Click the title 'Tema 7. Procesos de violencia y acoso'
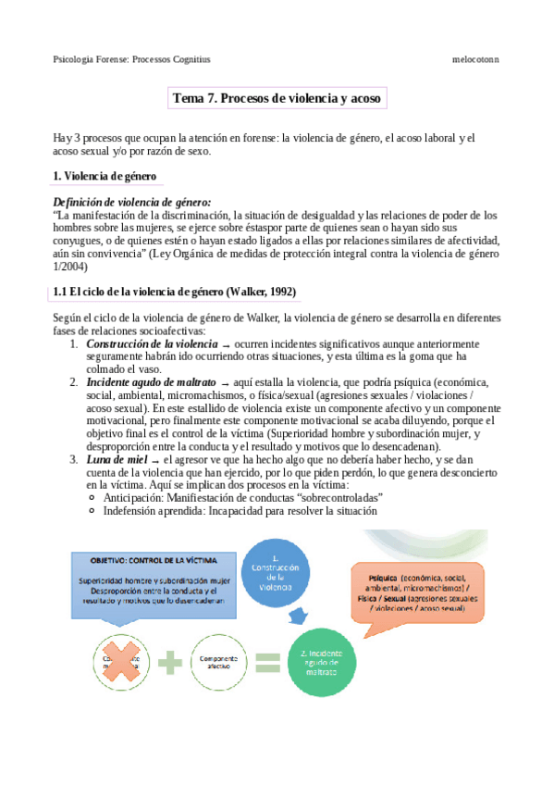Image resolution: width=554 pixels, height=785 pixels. coord(277,98)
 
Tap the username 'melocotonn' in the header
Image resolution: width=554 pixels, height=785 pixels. coord(475,59)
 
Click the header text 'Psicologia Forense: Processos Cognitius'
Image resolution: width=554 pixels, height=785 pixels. coord(132,59)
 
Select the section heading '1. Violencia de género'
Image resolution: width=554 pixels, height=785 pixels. coord(105,176)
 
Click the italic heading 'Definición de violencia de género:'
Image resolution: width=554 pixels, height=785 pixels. coord(132,201)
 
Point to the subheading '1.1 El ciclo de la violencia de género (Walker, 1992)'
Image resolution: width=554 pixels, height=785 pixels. coord(175,292)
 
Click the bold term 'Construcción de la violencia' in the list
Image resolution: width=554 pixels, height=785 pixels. coord(153,343)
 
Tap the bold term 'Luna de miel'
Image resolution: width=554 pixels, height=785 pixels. coord(117,459)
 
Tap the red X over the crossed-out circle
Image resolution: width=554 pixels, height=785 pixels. coord(122,658)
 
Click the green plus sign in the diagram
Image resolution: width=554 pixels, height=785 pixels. coord(170,659)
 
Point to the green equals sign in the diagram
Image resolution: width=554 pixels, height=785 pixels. coord(267,661)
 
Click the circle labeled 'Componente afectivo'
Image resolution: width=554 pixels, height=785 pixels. coord(218,659)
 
